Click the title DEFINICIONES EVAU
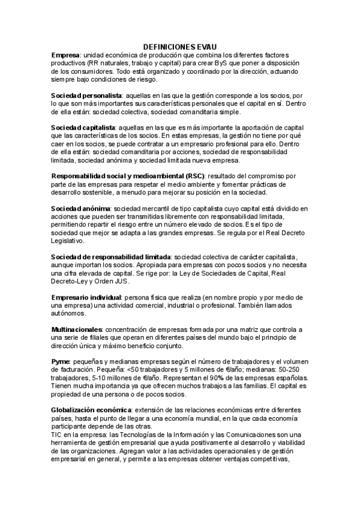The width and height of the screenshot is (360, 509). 179,46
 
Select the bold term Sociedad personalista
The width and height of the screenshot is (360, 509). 86,95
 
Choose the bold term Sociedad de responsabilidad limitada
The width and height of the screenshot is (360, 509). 111,257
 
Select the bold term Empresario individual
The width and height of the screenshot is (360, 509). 87,298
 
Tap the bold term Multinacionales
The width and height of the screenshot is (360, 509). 77,330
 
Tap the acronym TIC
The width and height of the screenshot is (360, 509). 58,433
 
